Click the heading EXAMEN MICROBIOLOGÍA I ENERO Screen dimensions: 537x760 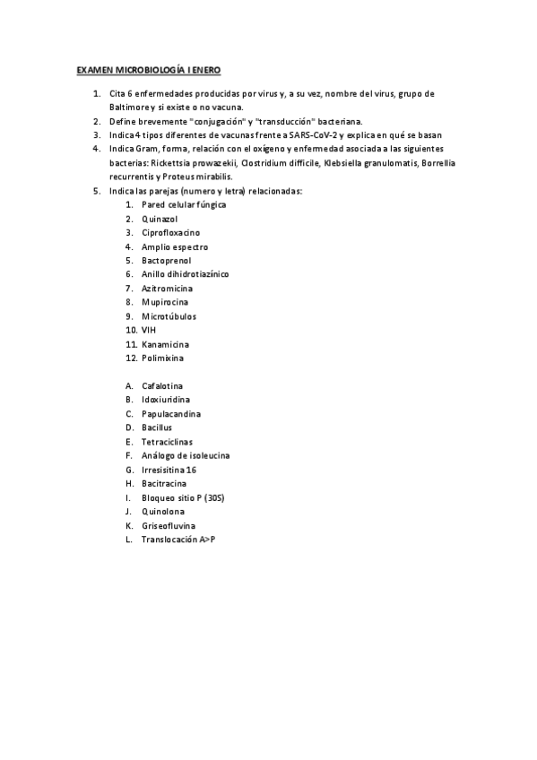(x=148, y=69)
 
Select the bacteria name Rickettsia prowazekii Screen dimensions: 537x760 (x=192, y=163)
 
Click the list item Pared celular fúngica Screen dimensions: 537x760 (x=184, y=204)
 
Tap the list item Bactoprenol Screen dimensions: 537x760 (x=167, y=261)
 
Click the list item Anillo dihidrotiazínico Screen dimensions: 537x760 (x=186, y=274)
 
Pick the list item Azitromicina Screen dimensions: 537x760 (x=167, y=289)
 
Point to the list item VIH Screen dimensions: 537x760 (x=149, y=331)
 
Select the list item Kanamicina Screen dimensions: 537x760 (x=165, y=344)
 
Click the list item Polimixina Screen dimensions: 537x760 (x=162, y=358)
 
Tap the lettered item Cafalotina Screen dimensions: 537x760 (x=162, y=386)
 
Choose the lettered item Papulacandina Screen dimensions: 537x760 (x=171, y=414)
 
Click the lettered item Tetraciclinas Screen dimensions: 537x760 (x=167, y=442)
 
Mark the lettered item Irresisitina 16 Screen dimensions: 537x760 (x=169, y=470)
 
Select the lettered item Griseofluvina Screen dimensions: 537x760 (x=169, y=525)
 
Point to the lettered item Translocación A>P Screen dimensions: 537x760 (x=178, y=540)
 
